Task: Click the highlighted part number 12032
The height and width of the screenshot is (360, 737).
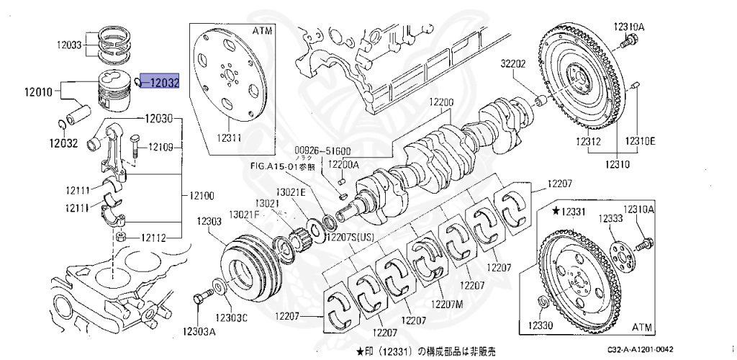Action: pos(160,84)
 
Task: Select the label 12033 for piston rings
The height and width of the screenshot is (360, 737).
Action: pos(70,44)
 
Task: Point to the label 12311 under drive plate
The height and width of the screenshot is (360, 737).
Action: pos(230,136)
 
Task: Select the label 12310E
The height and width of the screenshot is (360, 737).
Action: pos(640,140)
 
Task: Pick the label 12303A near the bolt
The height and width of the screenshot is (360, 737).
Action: pos(199,331)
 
